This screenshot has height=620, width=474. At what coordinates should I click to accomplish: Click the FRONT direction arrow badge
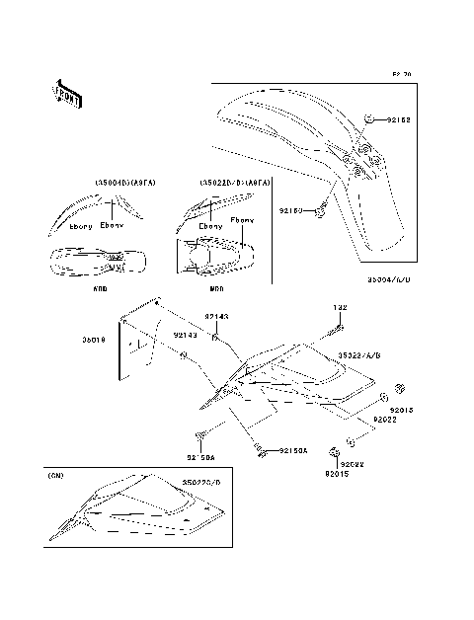coord(67,94)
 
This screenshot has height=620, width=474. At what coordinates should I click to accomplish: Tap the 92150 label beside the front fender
coord(292,210)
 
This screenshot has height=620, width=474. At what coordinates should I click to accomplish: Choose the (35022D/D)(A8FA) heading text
coord(228,184)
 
